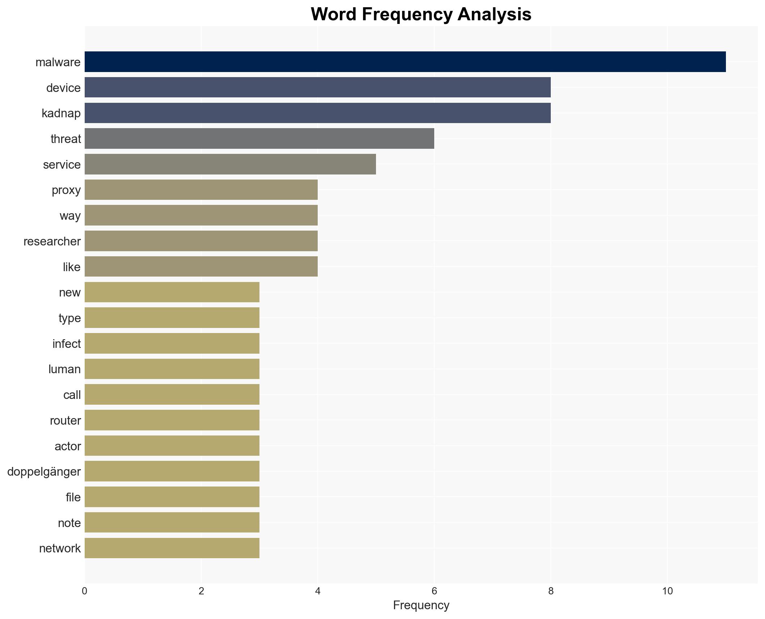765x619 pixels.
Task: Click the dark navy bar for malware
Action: (x=405, y=62)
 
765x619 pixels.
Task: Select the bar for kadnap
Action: (x=317, y=113)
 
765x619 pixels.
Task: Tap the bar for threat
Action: (x=259, y=139)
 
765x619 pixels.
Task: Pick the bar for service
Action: (x=230, y=164)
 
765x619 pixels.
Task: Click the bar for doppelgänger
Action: (x=172, y=471)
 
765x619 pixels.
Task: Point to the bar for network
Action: (x=172, y=548)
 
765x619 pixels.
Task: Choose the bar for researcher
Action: (x=201, y=241)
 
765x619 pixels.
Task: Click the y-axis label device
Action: (x=63, y=88)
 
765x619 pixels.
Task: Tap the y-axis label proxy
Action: (x=66, y=190)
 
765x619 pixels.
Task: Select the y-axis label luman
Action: (x=64, y=369)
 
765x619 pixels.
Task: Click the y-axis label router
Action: (x=65, y=421)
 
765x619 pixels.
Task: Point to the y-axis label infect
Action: (x=66, y=344)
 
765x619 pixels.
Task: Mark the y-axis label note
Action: (x=69, y=523)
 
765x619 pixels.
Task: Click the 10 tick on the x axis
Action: (x=667, y=591)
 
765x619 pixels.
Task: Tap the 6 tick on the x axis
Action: (x=434, y=591)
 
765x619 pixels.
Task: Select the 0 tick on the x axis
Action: (x=85, y=591)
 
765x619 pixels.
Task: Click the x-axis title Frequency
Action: (x=421, y=605)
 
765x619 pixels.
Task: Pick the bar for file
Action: (x=172, y=497)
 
